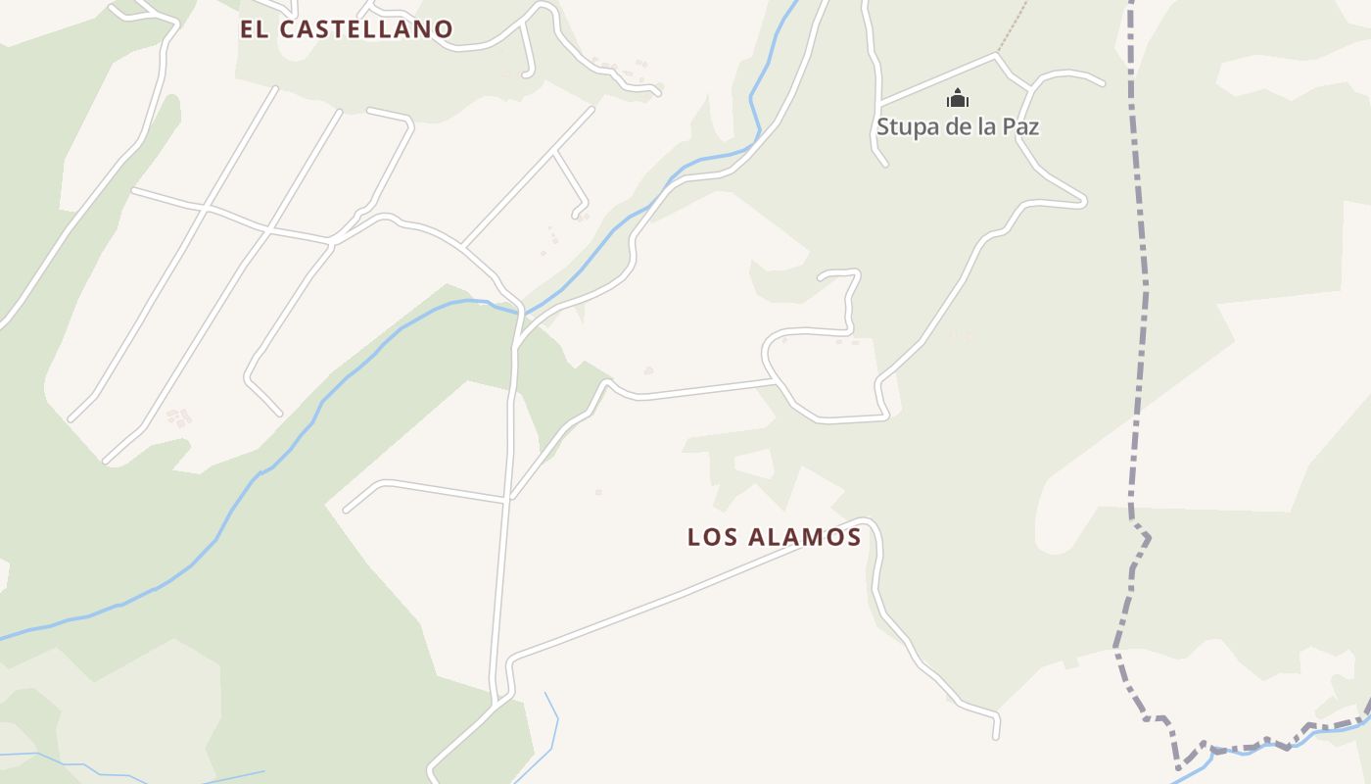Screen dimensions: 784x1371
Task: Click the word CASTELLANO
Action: tap(366, 29)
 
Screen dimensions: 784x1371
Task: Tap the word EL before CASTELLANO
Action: tap(254, 29)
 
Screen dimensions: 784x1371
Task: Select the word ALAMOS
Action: tap(804, 537)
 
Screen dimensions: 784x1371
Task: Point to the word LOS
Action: tap(712, 537)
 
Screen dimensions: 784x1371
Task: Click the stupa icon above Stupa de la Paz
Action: tap(957, 98)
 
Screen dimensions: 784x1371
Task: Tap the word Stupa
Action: tap(903, 126)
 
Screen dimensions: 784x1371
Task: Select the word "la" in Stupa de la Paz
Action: tap(983, 126)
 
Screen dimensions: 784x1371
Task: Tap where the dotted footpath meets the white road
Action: tap(997, 54)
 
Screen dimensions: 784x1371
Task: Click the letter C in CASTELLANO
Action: tap(286, 29)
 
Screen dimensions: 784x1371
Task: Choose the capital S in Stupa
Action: tap(883, 126)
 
